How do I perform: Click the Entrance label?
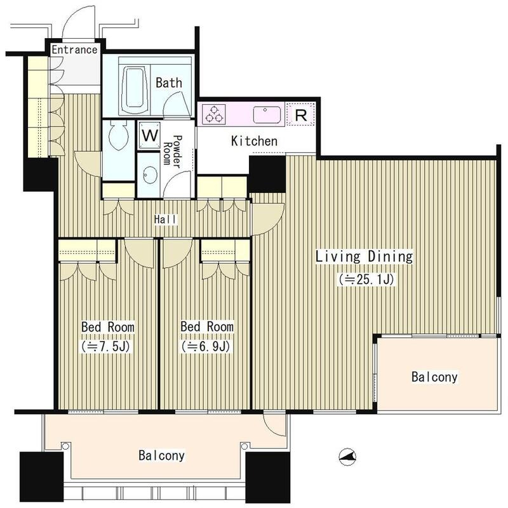[x=74, y=50]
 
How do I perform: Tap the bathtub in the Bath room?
[x=135, y=88]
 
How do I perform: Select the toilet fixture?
[x=118, y=135]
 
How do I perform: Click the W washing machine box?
[x=150, y=135]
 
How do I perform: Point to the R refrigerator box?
[x=301, y=114]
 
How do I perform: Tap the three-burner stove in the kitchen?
[x=213, y=114]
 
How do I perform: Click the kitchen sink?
[x=267, y=114]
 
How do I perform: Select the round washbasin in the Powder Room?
[x=150, y=175]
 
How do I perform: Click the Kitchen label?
[x=255, y=141]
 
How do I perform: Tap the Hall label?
[x=166, y=220]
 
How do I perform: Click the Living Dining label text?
[x=364, y=257]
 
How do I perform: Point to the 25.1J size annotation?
[x=366, y=279]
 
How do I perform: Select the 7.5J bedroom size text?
[x=106, y=347]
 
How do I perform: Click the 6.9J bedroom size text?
[x=206, y=347]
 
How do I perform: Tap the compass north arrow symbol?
[x=347, y=457]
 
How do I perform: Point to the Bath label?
[x=169, y=83]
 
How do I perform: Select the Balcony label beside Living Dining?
[x=434, y=377]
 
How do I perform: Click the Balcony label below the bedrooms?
[x=162, y=455]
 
